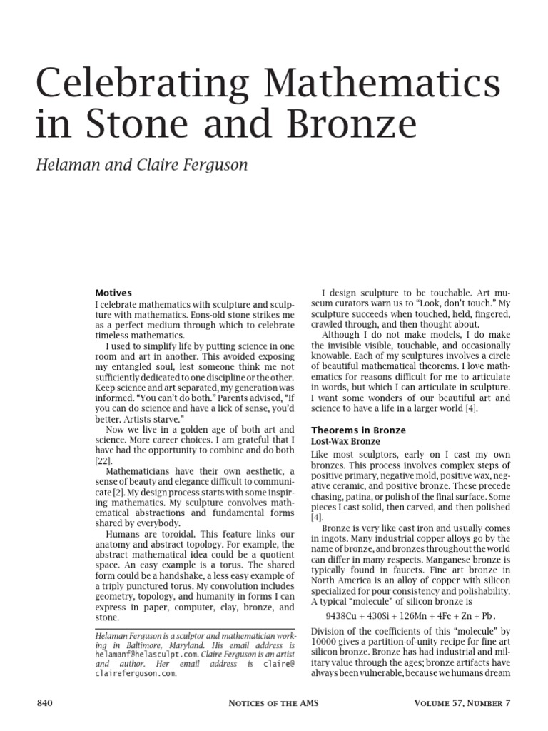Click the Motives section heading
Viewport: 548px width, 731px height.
[x=113, y=293]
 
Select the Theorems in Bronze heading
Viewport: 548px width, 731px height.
[x=358, y=430]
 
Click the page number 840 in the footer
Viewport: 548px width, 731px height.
[x=45, y=704]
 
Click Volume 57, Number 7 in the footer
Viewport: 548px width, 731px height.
[x=462, y=704]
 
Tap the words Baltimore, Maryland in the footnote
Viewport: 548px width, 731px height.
[x=160, y=643]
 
